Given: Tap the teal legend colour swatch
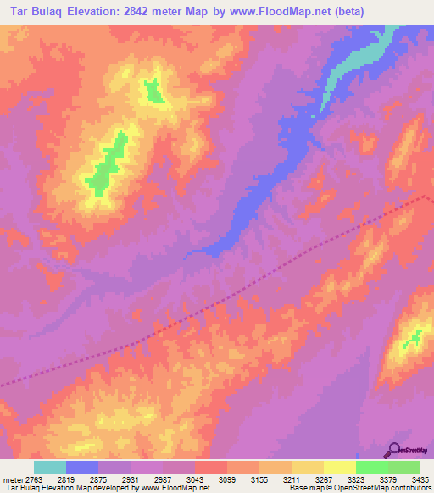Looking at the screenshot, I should click(x=50, y=468).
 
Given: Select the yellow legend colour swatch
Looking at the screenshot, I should click(x=339, y=468).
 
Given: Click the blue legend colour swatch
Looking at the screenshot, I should click(x=82, y=468).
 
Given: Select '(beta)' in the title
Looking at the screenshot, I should click(x=353, y=11).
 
